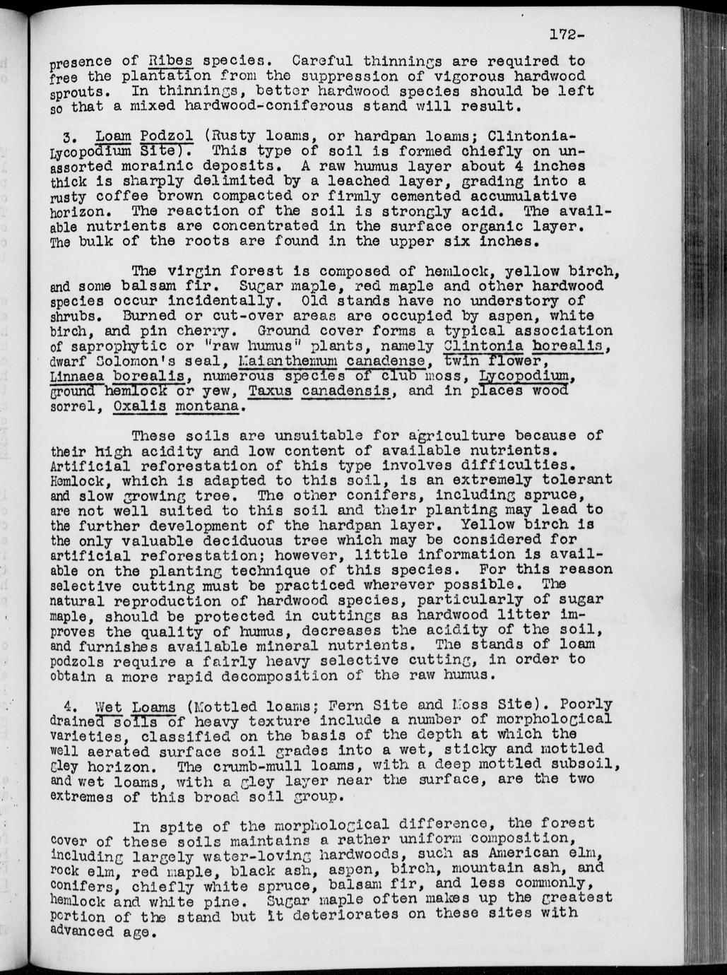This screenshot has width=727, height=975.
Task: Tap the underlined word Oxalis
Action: click(140, 407)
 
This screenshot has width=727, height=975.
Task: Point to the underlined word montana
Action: click(210, 407)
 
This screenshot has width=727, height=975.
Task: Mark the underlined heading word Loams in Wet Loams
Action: click(153, 707)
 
